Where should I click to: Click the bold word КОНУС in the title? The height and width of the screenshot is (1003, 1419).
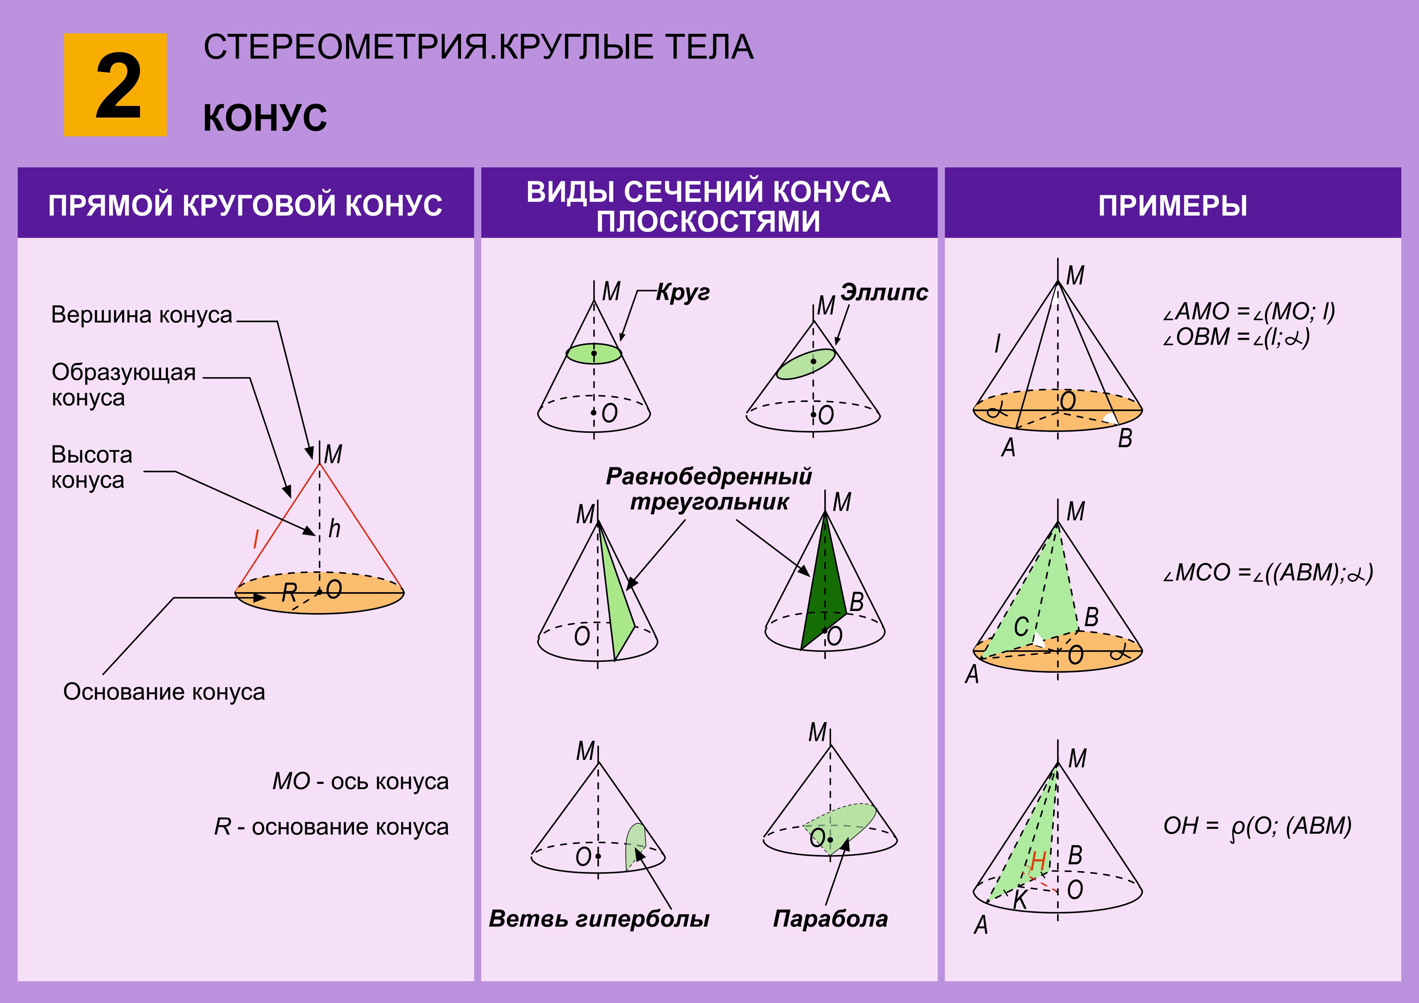tap(265, 118)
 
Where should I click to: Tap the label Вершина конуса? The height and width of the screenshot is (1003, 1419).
tap(142, 315)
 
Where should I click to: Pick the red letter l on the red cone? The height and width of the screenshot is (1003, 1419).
tap(255, 539)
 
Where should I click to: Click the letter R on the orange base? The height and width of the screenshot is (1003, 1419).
tap(289, 593)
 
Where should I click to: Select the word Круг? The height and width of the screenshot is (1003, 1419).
tap(682, 292)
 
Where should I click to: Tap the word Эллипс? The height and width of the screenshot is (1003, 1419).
tap(884, 292)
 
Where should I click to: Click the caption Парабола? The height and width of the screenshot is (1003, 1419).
tap(830, 919)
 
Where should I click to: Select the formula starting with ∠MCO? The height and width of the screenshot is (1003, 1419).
tap(1267, 573)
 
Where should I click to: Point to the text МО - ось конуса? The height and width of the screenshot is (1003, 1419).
tap(360, 781)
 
